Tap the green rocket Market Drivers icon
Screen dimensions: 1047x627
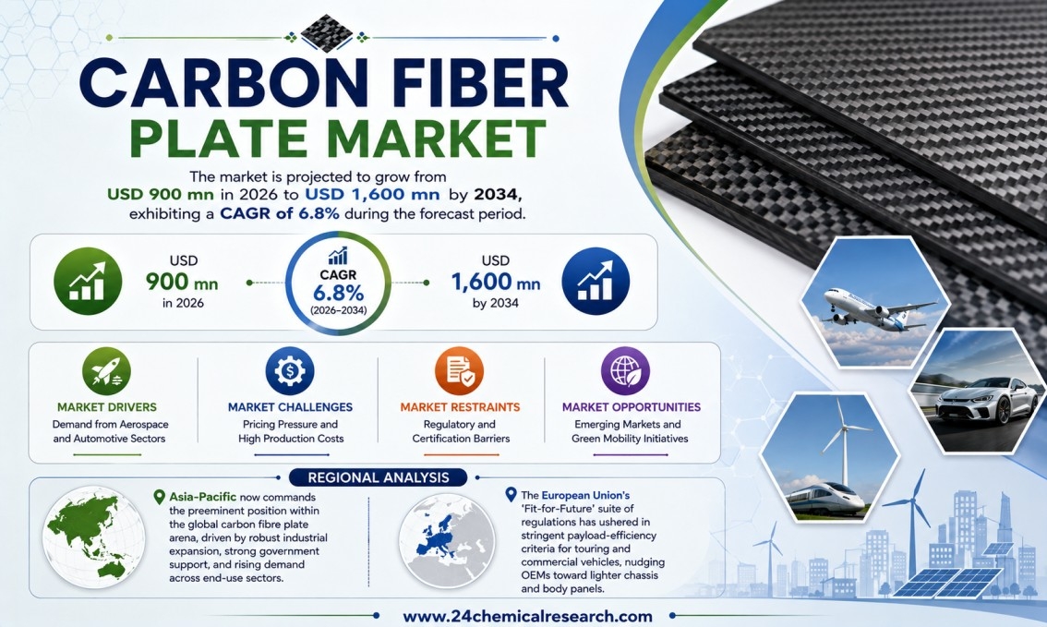(x=106, y=371)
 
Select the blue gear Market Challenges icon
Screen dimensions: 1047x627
(x=289, y=371)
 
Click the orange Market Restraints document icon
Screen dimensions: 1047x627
(x=460, y=371)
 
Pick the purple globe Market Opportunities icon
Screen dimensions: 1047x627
(x=625, y=371)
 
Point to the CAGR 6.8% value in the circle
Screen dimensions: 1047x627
(x=339, y=293)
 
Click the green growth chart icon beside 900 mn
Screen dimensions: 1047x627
(x=88, y=281)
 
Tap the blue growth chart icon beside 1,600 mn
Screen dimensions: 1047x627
(x=596, y=281)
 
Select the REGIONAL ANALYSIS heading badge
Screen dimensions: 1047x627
(x=378, y=477)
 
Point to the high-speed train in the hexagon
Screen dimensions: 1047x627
(x=824, y=500)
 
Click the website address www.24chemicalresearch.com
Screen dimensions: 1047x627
(x=527, y=616)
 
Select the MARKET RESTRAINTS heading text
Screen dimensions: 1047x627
(x=460, y=407)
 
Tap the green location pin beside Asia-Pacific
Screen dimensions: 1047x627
(x=159, y=497)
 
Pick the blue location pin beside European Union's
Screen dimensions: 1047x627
(x=511, y=495)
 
